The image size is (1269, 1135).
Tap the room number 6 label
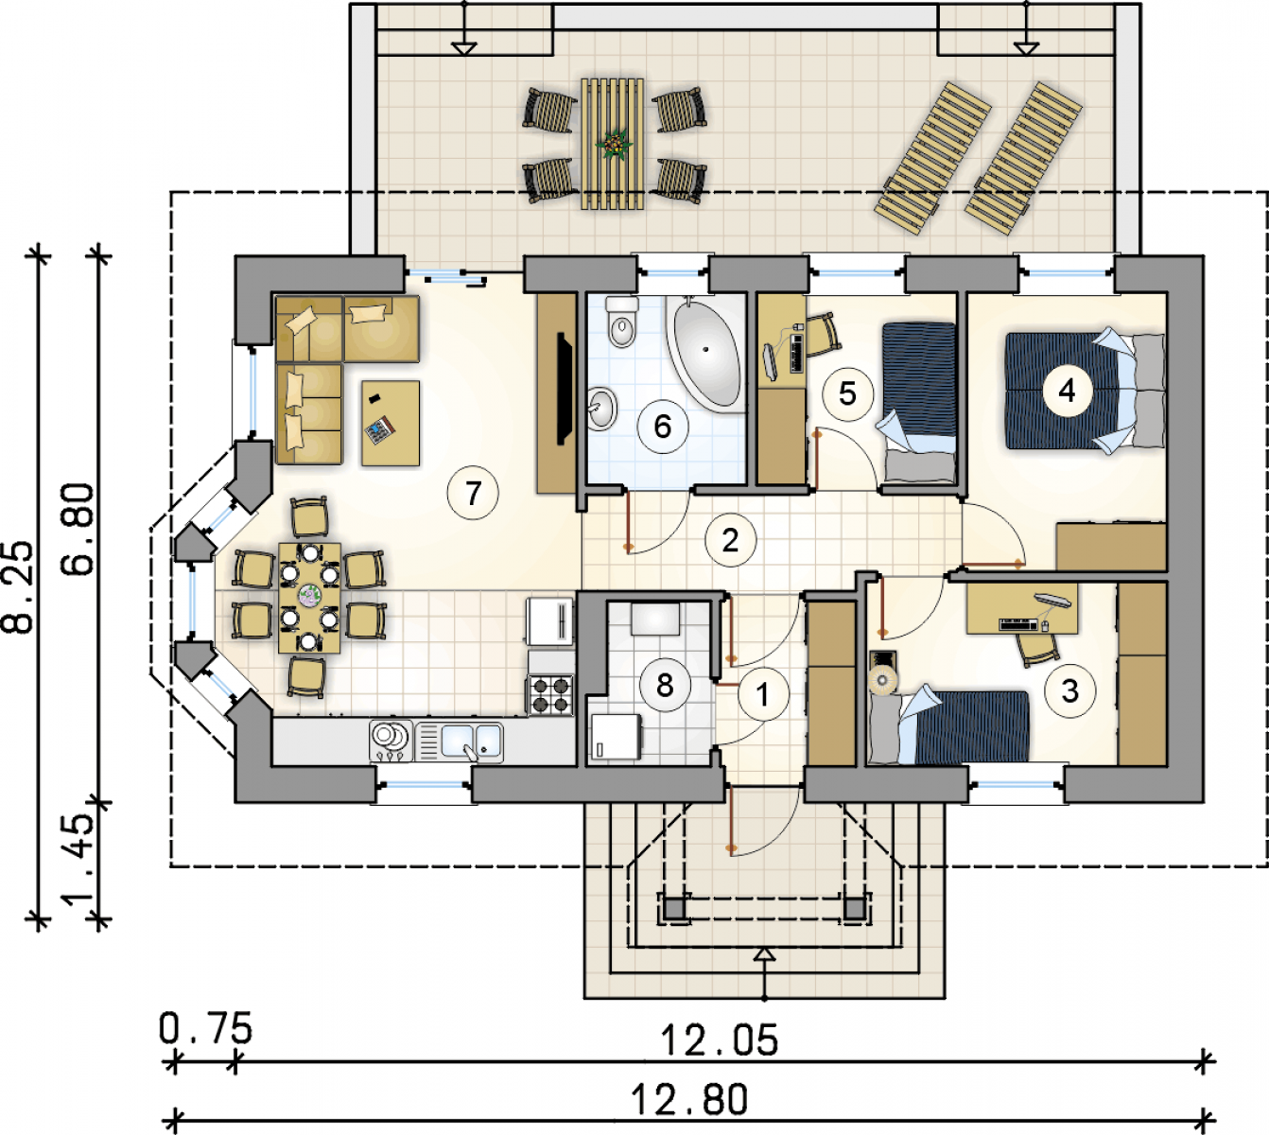pyautogui.click(x=663, y=427)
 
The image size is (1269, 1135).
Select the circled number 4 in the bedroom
pyautogui.click(x=1067, y=391)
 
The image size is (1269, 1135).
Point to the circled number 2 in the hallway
pyautogui.click(x=730, y=540)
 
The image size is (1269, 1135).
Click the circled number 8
pyautogui.click(x=665, y=685)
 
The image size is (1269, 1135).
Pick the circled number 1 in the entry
pyautogui.click(x=763, y=694)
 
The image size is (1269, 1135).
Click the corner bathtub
pyautogui.click(x=706, y=354)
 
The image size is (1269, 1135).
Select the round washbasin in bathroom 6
pyautogui.click(x=602, y=408)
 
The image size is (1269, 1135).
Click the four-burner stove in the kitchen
pyautogui.click(x=551, y=695)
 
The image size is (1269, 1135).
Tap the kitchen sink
pyautogui.click(x=460, y=742)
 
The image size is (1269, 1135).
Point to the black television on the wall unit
pyautogui.click(x=565, y=389)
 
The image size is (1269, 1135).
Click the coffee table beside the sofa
pyautogui.click(x=391, y=423)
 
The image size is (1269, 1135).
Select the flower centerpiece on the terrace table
pyautogui.click(x=614, y=145)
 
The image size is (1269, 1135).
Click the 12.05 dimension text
pyautogui.click(x=720, y=1040)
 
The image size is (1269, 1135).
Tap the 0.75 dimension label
pyautogui.click(x=205, y=1028)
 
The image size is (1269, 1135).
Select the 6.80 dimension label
pyautogui.click(x=78, y=530)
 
